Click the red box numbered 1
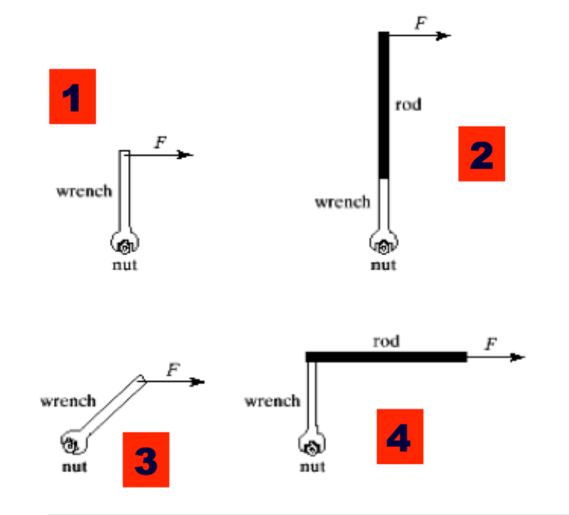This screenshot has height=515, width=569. (x=73, y=96)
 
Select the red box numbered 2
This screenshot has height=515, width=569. (x=481, y=153)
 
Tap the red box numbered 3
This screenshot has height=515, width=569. (x=145, y=459)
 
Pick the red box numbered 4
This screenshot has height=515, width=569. (x=400, y=436)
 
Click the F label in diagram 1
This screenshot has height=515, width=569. (x=160, y=143)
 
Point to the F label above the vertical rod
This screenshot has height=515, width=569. (x=420, y=23)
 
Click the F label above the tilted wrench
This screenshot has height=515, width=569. (x=173, y=370)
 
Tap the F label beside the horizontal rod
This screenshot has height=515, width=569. (x=491, y=344)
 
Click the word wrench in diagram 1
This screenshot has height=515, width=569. (x=84, y=191)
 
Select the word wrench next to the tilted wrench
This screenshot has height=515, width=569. (x=68, y=401)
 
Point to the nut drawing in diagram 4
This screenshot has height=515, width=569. (x=312, y=448)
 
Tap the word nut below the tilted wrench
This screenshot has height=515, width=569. (x=74, y=467)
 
